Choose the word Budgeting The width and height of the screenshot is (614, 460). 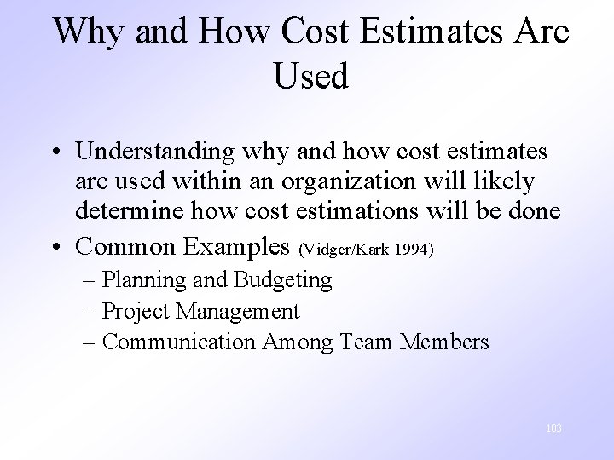[x=286, y=279]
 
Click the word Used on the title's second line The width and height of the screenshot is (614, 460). [x=311, y=77]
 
